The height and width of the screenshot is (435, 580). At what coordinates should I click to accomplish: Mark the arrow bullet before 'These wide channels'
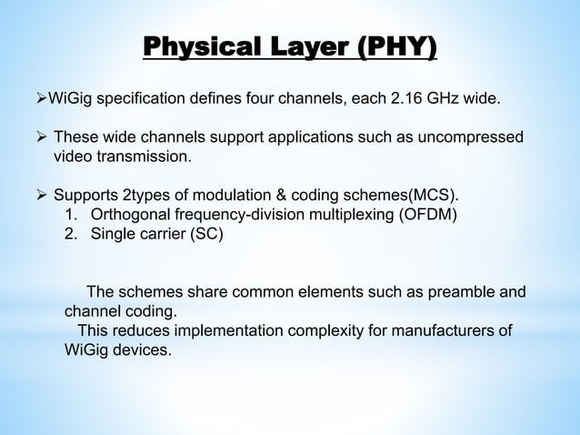tap(40, 137)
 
